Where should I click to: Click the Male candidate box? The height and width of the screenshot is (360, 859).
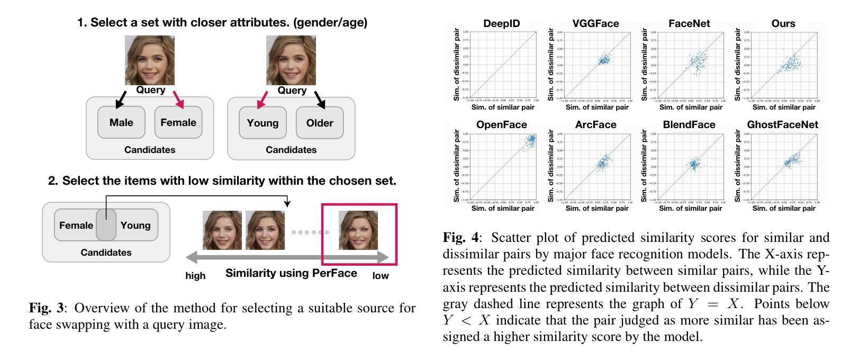(121, 122)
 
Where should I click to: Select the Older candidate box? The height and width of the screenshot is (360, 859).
(320, 123)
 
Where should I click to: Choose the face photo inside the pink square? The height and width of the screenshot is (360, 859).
(358, 230)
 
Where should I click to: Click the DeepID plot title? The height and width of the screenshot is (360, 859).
(502, 24)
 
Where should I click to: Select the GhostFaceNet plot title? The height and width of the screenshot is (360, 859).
(782, 125)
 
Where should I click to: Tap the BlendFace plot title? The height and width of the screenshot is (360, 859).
(689, 125)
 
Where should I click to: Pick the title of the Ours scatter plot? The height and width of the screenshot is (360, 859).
(783, 24)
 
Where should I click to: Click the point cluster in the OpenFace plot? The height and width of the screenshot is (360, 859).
(529, 141)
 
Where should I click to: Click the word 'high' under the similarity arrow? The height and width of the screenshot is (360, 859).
(195, 276)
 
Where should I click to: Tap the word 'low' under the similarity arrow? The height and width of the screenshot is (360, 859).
(381, 276)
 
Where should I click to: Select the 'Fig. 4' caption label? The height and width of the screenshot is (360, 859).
(460, 238)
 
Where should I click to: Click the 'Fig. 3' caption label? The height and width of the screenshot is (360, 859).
(46, 308)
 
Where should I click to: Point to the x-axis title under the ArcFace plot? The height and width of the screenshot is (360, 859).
(597, 209)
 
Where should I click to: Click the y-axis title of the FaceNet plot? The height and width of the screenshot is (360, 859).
(644, 65)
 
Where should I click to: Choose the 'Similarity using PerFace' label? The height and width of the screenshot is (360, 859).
(291, 273)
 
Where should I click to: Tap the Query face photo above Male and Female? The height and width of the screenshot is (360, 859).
(150, 60)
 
